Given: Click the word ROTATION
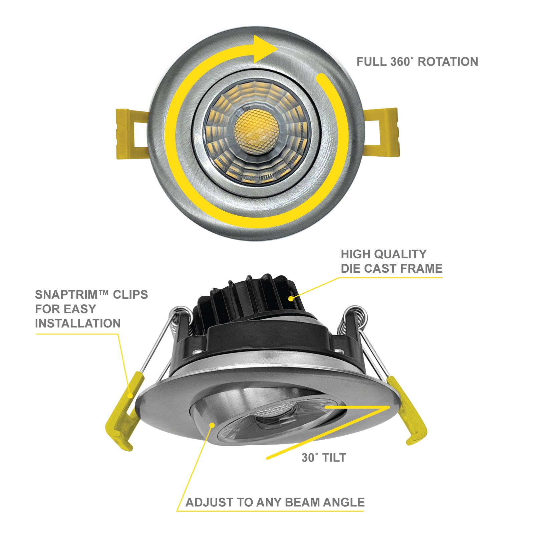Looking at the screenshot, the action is tap(448, 62).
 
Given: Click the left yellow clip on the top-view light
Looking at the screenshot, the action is tap(131, 133).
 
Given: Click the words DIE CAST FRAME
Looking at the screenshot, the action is tap(391, 269).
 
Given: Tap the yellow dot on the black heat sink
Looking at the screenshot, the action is tap(291, 298).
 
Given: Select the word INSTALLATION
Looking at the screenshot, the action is tap(78, 323).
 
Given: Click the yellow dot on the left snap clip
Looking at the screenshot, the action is tap(130, 395).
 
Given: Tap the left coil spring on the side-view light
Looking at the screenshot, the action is tap(180, 320).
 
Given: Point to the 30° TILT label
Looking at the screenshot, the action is tap(324, 458).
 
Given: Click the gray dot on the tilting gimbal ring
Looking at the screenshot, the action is tap(212, 425).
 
